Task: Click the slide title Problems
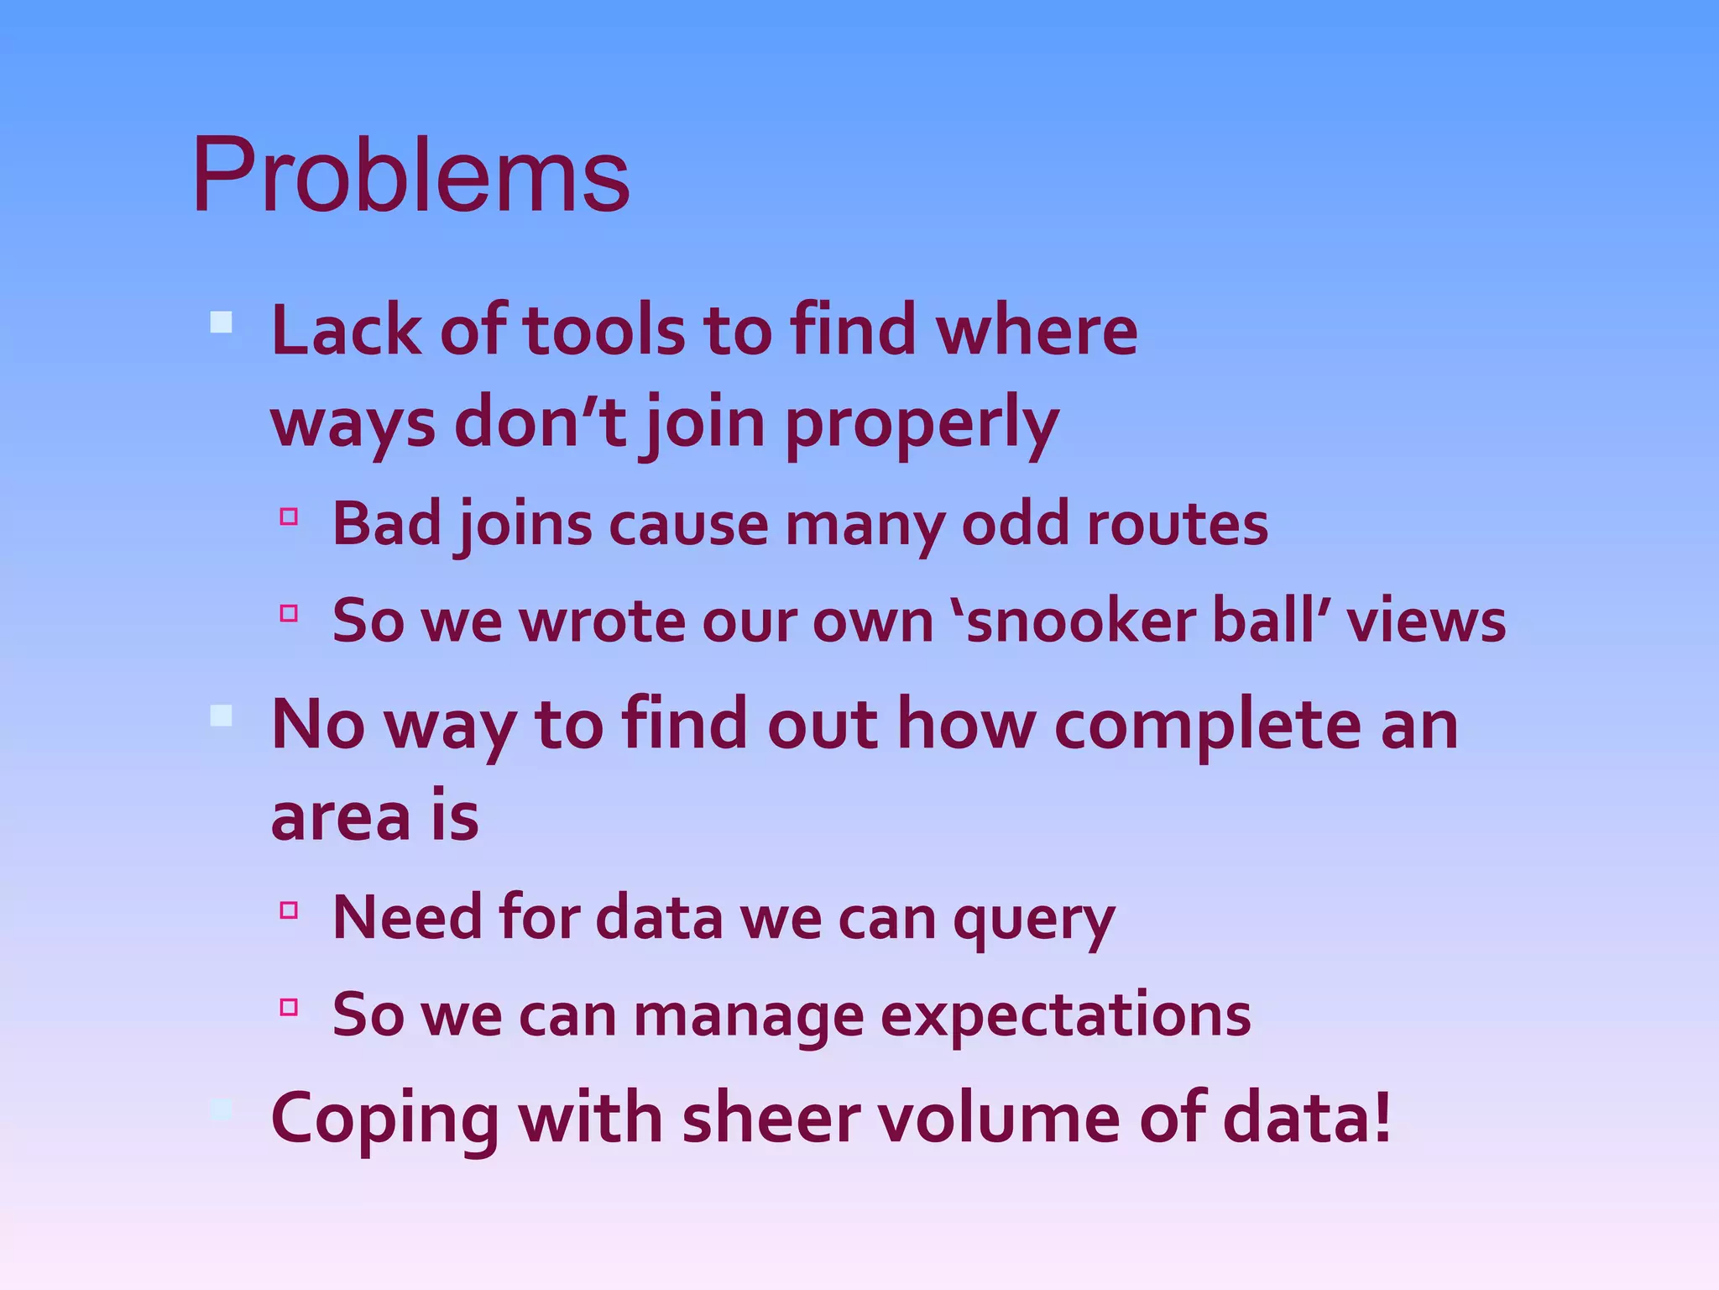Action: (410, 176)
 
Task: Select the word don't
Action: (541, 422)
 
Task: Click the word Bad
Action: (387, 525)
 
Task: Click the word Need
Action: (406, 917)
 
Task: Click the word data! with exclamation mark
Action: (1306, 1119)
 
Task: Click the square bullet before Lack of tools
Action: (222, 322)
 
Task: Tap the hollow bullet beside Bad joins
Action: (290, 517)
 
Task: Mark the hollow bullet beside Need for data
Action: (290, 910)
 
